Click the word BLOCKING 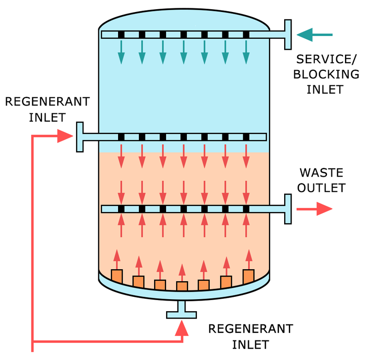click(x=326, y=74)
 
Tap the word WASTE click(x=321, y=173)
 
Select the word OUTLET click(x=321, y=188)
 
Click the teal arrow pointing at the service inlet click(x=314, y=35)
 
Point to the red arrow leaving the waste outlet click(x=315, y=209)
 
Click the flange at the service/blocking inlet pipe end click(x=288, y=35)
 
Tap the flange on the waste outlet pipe click(x=288, y=209)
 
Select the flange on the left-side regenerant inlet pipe click(x=80, y=136)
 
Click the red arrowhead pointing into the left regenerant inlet click(x=65, y=136)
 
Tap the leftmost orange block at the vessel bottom click(x=117, y=276)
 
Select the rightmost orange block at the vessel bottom click(x=249, y=276)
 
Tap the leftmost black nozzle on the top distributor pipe click(x=121, y=35)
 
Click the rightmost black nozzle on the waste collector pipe click(x=246, y=209)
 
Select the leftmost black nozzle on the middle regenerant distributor click(x=121, y=137)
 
